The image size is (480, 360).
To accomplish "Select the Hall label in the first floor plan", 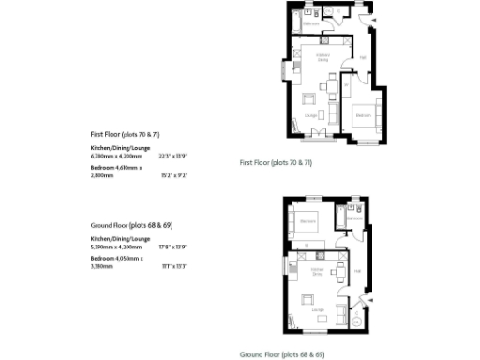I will [x=362, y=58].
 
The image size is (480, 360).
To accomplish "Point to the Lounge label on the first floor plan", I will [x=310, y=114].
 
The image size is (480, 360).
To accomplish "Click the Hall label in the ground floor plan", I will [x=357, y=271].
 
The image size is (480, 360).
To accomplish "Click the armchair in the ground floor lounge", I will [x=306, y=299].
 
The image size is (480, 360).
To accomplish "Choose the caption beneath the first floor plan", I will [x=276, y=163].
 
